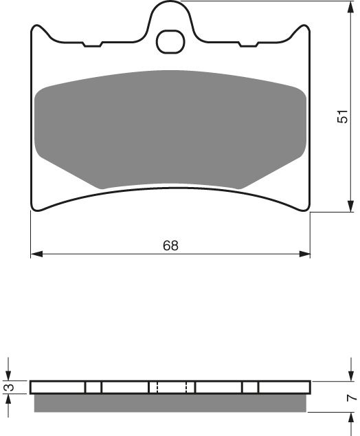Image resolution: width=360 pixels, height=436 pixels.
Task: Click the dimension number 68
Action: [170, 246]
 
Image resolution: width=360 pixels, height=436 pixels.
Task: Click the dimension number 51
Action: [342, 118]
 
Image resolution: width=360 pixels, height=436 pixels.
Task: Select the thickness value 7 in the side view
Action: [351, 397]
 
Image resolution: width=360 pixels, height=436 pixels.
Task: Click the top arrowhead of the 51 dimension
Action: [343, 6]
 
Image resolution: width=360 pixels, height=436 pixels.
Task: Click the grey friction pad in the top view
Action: [170, 128]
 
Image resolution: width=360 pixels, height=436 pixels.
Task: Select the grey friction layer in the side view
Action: [170, 403]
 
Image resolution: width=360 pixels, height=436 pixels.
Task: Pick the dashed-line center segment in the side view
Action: [172, 387]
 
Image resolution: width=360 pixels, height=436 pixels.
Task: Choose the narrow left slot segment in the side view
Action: [93, 387]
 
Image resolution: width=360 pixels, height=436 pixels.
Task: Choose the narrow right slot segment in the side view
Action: [250, 387]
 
